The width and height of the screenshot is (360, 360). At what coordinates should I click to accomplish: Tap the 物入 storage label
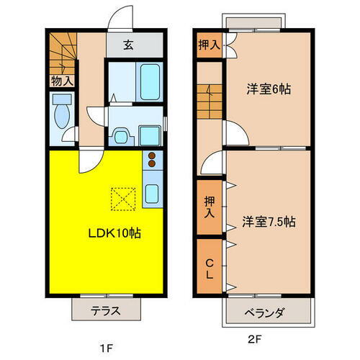click(62, 81)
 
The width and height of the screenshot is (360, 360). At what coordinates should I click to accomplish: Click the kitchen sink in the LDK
click(153, 193)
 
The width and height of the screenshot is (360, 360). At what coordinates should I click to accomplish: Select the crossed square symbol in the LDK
click(122, 197)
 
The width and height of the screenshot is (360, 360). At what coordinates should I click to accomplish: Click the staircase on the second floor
click(209, 100)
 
